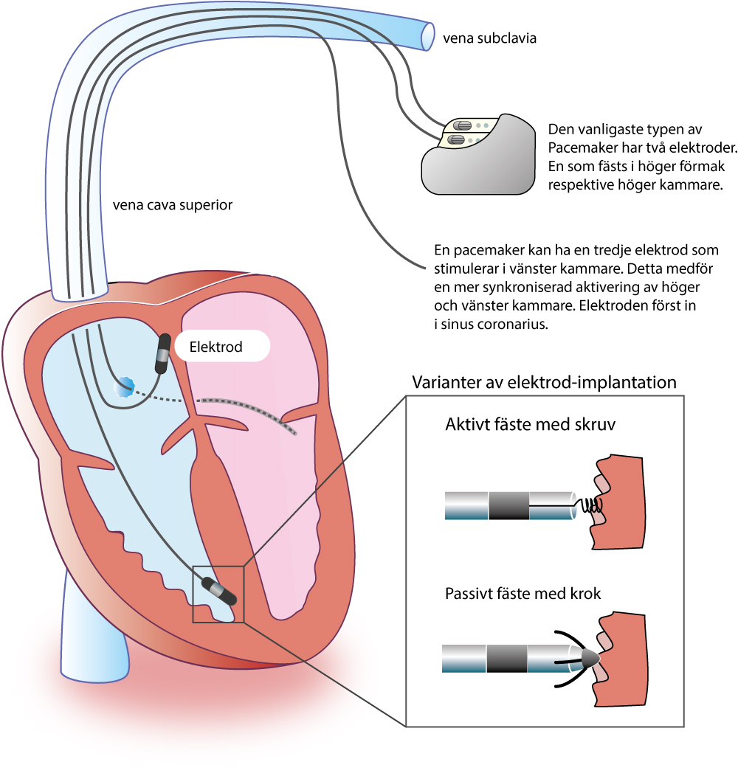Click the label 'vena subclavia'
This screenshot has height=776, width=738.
tap(489, 38)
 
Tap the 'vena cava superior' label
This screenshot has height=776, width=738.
tap(173, 205)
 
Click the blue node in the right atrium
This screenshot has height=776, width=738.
tap(124, 386)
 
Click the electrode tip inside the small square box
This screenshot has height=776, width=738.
tap(218, 592)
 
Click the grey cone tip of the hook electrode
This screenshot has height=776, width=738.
tap(590, 658)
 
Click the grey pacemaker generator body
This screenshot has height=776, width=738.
tap(480, 170)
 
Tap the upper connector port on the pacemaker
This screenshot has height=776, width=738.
tap(463, 126)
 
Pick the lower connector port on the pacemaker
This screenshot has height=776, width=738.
tap(458, 139)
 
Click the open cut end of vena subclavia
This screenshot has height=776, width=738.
tap(429, 35)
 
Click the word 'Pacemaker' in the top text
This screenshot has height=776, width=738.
tap(582, 145)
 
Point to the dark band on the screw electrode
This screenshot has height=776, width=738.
tap(509, 505)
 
